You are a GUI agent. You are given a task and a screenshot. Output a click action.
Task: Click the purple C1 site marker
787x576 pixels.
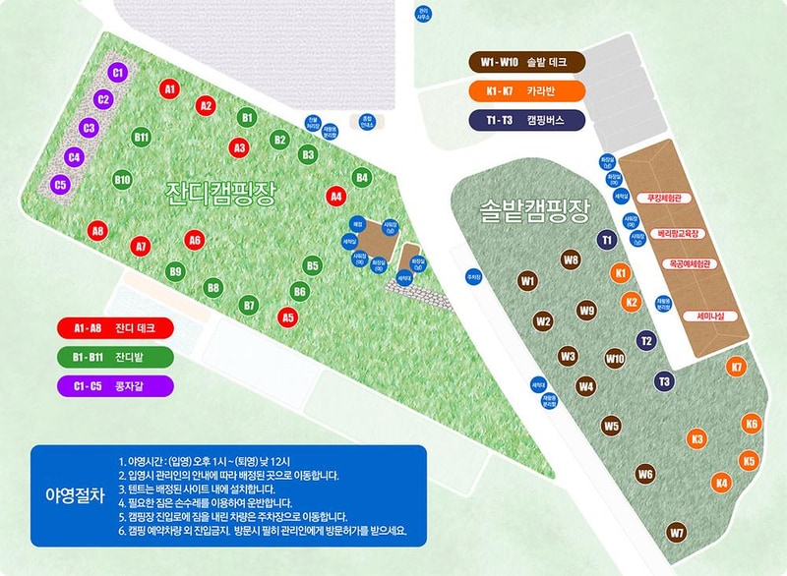[x=117, y=72]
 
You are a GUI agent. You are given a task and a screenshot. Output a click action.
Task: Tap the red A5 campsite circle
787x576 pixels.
[x=287, y=317]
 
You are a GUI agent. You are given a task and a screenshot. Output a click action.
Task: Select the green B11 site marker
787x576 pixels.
[x=142, y=137]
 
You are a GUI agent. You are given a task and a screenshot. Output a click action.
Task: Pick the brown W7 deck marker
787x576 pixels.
[x=676, y=533]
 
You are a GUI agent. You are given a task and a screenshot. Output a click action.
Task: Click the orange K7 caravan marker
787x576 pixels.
[x=736, y=367]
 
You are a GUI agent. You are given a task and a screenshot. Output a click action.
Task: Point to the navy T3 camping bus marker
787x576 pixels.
[x=664, y=381]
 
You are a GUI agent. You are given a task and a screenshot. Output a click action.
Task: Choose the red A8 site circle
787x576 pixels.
[x=97, y=231]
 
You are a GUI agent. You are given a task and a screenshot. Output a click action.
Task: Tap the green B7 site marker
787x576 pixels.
[x=249, y=306]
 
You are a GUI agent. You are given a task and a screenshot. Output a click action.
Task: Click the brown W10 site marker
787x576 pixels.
[x=615, y=359]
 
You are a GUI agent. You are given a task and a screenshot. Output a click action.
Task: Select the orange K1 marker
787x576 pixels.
[x=621, y=271]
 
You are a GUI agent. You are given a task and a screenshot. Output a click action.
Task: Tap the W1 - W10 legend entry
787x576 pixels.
[x=526, y=63]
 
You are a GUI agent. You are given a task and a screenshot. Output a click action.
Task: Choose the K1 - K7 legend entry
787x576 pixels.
[x=526, y=91]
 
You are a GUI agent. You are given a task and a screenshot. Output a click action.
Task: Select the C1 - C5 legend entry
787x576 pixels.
[x=116, y=384]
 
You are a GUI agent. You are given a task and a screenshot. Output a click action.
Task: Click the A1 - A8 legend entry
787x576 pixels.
[x=116, y=327]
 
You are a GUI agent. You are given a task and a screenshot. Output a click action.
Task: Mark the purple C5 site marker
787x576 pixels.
[x=60, y=184]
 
